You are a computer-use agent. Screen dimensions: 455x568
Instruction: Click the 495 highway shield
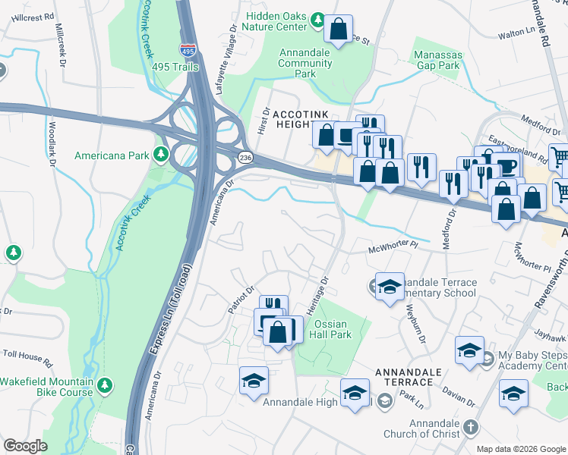tap(187, 50)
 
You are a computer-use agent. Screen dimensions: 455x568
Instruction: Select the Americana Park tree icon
tap(160, 155)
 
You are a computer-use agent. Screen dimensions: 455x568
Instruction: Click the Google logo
tap(25, 446)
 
